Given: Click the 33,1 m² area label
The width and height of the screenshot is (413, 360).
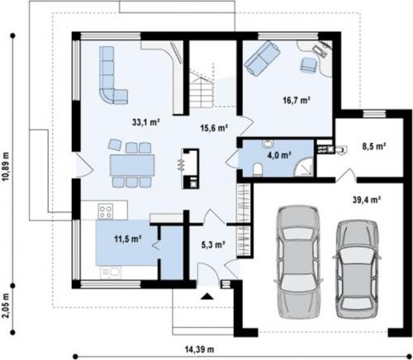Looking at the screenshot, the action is pyautogui.click(x=146, y=122).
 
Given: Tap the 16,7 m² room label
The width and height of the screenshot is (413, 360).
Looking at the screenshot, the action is pyautogui.click(x=297, y=100).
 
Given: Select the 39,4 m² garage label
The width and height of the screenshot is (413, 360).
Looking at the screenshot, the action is pyautogui.click(x=367, y=200).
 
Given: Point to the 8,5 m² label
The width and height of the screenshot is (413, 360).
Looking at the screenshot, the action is pyautogui.click(x=373, y=146).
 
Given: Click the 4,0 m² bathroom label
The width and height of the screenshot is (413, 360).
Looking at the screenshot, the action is pyautogui.click(x=279, y=155).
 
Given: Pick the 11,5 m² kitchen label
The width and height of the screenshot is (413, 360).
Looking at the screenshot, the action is pyautogui.click(x=128, y=239).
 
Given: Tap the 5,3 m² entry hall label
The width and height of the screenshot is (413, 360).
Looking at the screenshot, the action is pyautogui.click(x=213, y=244).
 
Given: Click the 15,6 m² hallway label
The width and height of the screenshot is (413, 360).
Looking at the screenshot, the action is pyautogui.click(x=214, y=128).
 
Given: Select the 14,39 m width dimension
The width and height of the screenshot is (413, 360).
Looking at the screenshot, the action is pyautogui.click(x=199, y=349).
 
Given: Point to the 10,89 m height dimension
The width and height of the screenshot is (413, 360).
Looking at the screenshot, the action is pyautogui.click(x=6, y=167).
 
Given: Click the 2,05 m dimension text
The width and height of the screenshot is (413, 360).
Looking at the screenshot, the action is pyautogui.click(x=6, y=306).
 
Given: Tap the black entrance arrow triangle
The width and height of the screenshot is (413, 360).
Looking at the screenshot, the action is pyautogui.click(x=207, y=296).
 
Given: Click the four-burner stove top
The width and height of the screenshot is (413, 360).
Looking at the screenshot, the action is pyautogui.click(x=106, y=211).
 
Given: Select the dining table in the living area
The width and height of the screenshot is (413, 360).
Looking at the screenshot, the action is pyautogui.click(x=132, y=165).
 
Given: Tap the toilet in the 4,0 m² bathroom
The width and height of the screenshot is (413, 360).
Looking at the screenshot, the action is pyautogui.click(x=258, y=169).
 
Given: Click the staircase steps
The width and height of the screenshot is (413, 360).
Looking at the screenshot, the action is pyautogui.click(x=202, y=90).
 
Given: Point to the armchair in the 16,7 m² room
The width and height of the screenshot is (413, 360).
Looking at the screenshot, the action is pyautogui.click(x=308, y=65).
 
